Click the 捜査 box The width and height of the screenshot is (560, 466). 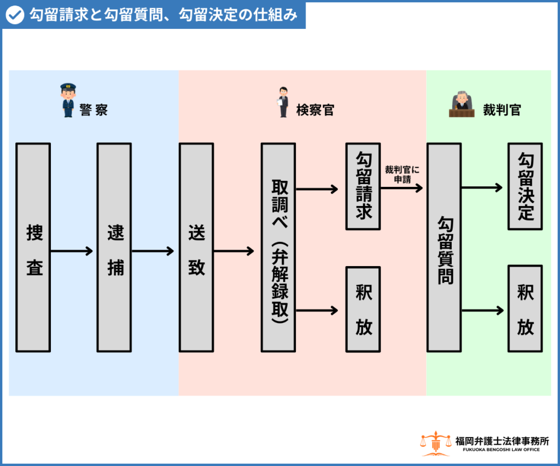(x=33, y=247)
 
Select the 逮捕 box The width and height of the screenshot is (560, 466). (x=114, y=247)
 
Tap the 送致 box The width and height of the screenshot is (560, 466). (x=196, y=247)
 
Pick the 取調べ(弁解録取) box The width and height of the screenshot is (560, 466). (x=278, y=247)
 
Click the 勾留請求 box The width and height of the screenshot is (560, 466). (x=363, y=186)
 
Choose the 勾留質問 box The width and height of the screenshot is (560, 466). (x=444, y=247)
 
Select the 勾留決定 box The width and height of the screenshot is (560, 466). (x=525, y=186)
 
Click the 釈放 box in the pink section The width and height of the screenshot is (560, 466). (x=363, y=309)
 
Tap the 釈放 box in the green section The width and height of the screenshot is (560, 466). (x=525, y=309)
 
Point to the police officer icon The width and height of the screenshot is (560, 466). (x=68, y=100)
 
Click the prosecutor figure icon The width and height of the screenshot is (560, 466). (x=283, y=102)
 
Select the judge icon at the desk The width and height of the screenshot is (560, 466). (x=461, y=103)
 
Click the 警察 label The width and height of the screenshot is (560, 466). (x=94, y=110)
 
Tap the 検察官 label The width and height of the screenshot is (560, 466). (x=315, y=110)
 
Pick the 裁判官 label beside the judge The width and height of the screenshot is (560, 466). (x=501, y=110)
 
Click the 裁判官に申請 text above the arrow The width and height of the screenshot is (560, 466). (x=402, y=174)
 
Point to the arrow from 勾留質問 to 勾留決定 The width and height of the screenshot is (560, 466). (x=482, y=188)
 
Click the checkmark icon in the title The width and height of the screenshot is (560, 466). (x=15, y=15)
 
